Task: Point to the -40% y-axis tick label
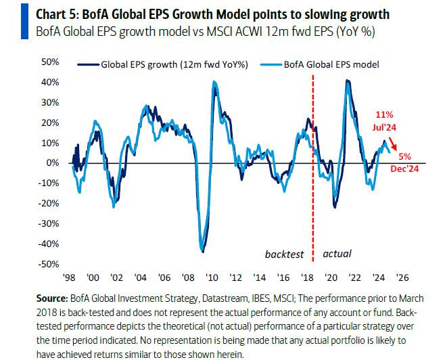coord(50,244)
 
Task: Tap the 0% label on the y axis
coord(55,163)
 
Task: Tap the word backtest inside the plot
coord(285,254)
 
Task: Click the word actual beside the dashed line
coord(337,254)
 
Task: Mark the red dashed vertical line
coord(313,203)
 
